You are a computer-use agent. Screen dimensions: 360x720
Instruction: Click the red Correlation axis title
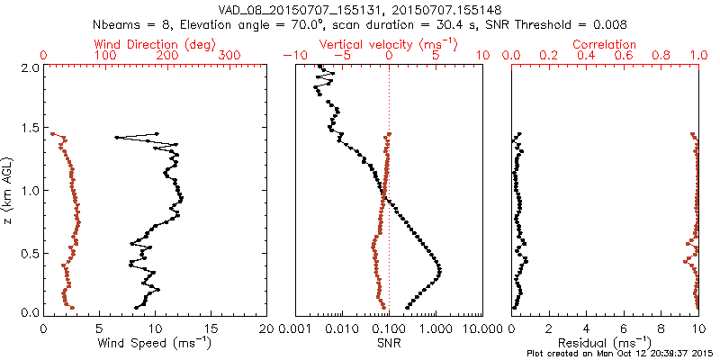pos(606,44)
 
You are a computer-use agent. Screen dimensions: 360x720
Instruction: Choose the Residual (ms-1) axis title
pos(606,342)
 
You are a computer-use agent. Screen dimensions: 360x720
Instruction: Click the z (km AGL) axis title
pos(8,190)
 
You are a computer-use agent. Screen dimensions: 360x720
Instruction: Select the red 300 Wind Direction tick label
pos(230,56)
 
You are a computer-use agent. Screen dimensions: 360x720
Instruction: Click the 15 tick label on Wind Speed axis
pos(211,329)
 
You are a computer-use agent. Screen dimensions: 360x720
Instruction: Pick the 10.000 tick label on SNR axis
pos(475,329)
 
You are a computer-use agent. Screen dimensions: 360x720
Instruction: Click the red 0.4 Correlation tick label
pos(586,56)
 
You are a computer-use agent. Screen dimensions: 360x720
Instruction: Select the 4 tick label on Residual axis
pos(586,329)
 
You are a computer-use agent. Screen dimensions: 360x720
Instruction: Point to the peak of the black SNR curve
pos(439,270)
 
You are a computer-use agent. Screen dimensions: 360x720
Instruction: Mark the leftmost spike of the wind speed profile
pos(116,138)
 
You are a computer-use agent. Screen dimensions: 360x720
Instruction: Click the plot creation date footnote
pos(621,353)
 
